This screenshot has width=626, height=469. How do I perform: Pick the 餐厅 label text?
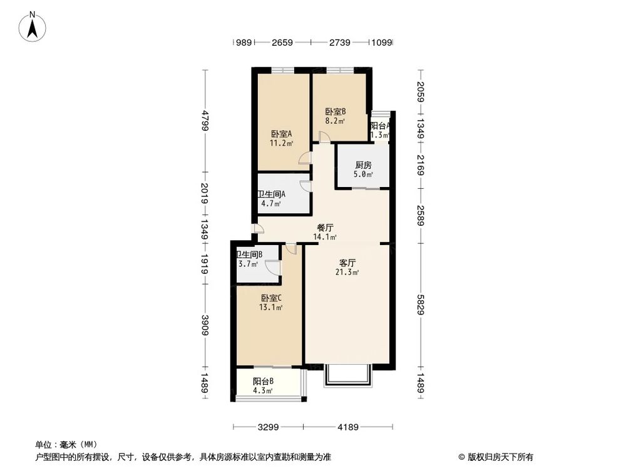tap(325, 228)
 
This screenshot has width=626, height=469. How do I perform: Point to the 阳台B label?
tap(263, 381)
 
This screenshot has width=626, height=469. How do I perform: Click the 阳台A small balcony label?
tap(381, 126)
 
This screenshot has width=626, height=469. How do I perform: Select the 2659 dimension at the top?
tap(282, 43)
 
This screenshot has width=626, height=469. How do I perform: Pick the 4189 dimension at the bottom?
tap(348, 428)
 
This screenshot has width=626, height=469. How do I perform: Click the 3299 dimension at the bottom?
tap(267, 428)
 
